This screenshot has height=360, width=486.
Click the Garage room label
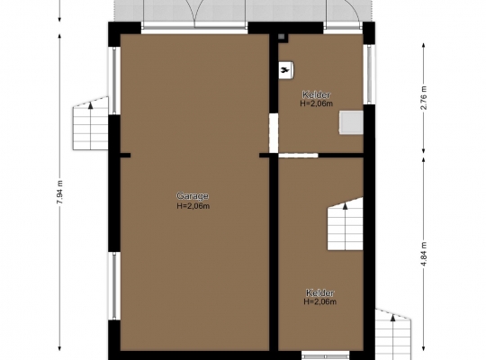tap(193, 196)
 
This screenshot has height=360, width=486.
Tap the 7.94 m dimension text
tap(59, 192)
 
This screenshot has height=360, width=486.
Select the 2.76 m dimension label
tap(424, 98)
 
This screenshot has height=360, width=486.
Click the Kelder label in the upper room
tap(316, 94)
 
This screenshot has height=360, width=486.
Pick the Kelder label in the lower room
tap(319, 292)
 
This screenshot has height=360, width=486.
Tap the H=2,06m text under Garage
tap(193, 206)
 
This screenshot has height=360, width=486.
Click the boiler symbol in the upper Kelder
tap(286, 71)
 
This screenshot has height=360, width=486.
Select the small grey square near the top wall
tap(282, 37)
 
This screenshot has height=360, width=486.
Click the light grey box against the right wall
tap(351, 122)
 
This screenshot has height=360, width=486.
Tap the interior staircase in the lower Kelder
tap(346, 224)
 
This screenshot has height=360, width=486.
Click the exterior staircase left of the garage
tap(91, 123)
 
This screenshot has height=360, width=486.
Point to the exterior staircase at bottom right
tap(393, 334)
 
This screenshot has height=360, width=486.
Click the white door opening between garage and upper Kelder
tap(274, 133)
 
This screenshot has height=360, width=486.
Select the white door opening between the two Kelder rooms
tap(298, 155)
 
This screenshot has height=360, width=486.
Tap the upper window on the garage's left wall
tap(114, 81)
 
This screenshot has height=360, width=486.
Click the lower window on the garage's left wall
tap(114, 285)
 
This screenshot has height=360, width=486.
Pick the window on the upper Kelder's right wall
tap(369, 75)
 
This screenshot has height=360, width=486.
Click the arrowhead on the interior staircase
tap(345, 206)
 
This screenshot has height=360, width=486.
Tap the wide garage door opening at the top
tap(194, 28)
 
